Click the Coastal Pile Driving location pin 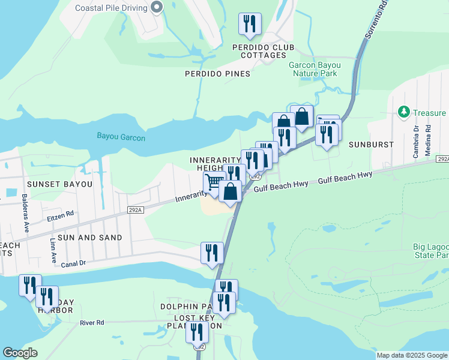coord(157,8)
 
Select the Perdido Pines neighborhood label coord(217,74)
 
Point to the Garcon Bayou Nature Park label coord(315,69)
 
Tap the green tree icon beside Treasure coord(404,112)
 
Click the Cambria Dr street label coord(415,141)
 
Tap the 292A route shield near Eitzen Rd coord(136,209)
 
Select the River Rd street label coord(92,323)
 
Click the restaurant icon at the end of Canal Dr coord(212,253)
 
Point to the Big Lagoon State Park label coord(430,251)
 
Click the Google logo coord(20,353)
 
